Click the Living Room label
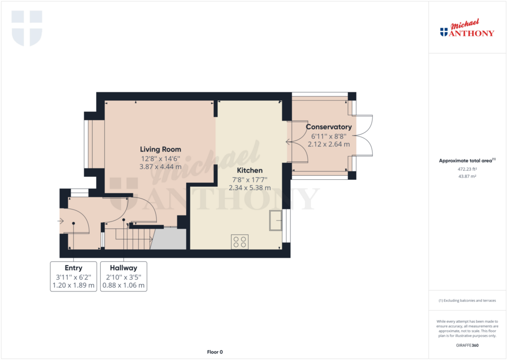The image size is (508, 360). (160, 149)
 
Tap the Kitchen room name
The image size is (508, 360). (250, 170)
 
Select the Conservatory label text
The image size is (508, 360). (329, 127)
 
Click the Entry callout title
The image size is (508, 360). (73, 268)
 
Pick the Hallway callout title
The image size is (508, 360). (124, 268)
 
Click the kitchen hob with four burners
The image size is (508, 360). (240, 242)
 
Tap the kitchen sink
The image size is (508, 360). (276, 220)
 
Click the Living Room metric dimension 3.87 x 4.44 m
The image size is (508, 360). (160, 167)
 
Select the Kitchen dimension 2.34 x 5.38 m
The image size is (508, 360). (250, 188)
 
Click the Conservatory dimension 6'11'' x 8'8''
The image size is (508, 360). (329, 136)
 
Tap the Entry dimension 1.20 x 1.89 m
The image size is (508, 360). (73, 286)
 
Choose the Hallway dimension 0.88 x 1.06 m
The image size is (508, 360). (124, 286)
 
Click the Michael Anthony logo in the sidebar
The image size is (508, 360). (467, 28)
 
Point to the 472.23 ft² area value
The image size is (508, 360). (467, 169)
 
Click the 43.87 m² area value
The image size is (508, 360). (467, 176)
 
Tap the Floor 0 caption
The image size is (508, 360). (215, 352)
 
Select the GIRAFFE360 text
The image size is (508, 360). (467, 346)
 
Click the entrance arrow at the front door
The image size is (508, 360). (61, 221)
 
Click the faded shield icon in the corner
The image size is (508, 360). (27, 28)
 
